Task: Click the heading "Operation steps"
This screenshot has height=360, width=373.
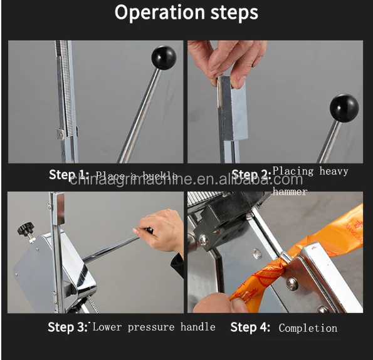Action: pyautogui.click(x=186, y=13)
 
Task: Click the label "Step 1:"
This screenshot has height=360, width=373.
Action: pyautogui.click(x=69, y=175)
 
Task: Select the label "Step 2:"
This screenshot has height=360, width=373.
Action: pyautogui.click(x=251, y=175)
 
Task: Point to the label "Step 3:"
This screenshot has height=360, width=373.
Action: pyautogui.click(x=68, y=327)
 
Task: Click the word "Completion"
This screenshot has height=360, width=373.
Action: pyautogui.click(x=308, y=328)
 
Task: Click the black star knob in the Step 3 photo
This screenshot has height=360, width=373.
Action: pyautogui.click(x=27, y=231)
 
